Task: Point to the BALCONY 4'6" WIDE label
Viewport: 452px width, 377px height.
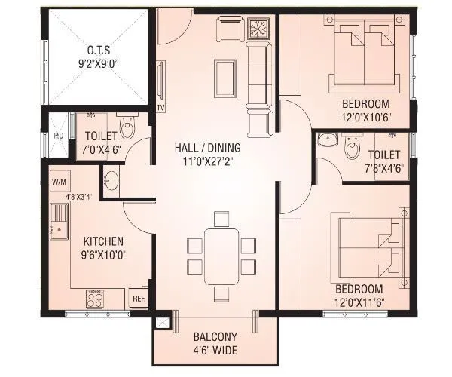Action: coord(215,342)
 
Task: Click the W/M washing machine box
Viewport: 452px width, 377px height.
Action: coord(59,182)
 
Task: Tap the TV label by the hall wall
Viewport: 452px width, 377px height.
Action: coord(160,108)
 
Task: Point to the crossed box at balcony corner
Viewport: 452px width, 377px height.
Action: coord(160,322)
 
